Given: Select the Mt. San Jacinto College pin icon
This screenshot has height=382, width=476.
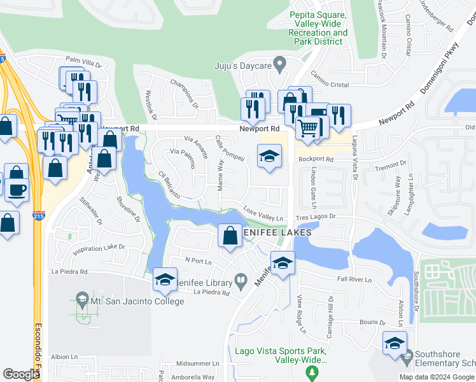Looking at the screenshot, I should (82, 299).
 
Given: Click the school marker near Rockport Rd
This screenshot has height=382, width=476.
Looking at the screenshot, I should (269, 156).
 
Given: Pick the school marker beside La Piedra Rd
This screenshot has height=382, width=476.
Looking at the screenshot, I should (165, 278).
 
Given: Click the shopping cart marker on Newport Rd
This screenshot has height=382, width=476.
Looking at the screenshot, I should (308, 127).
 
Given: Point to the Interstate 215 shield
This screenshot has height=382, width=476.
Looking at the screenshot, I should (39, 216).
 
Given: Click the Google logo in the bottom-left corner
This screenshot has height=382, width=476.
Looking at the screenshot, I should (21, 374).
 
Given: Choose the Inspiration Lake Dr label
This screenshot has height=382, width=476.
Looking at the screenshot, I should (98, 247).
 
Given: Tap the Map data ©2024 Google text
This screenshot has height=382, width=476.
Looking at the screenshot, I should (437, 377).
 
